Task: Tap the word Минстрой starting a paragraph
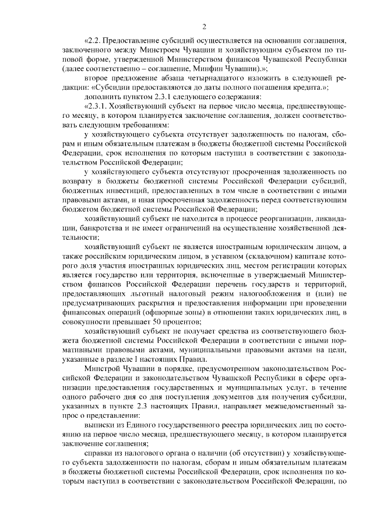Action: [x=101, y=369]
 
